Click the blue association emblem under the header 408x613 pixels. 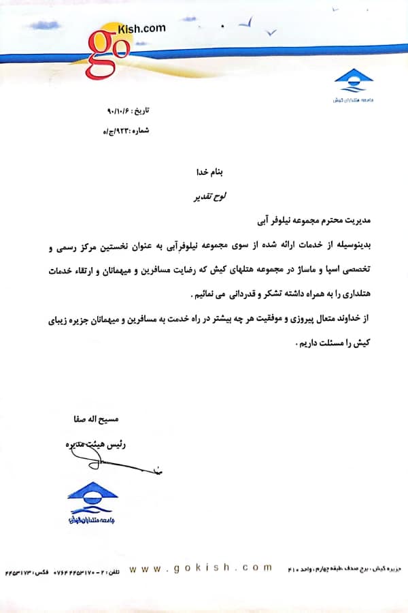pos(354,82)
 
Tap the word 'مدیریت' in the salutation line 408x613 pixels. pos(362,221)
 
